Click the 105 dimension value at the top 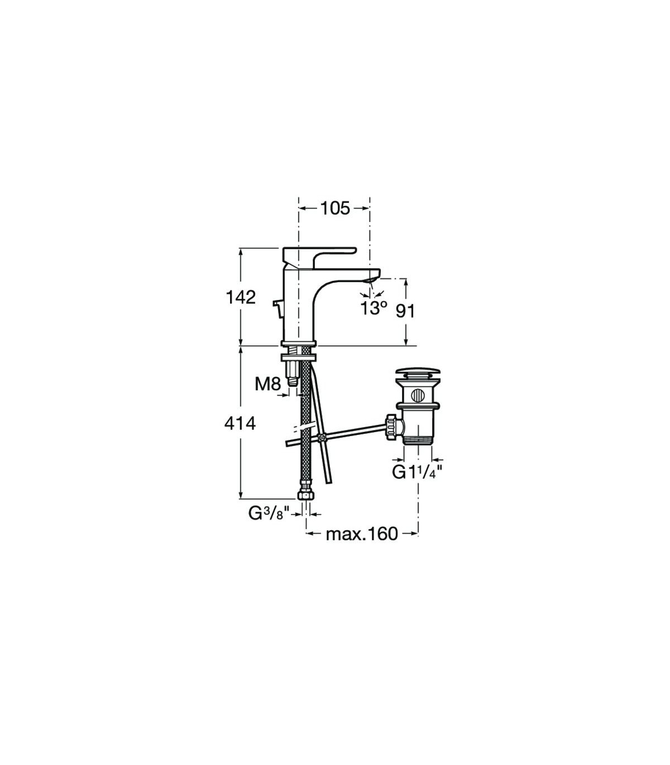pyautogui.click(x=335, y=209)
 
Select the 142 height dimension pyautogui.click(x=241, y=297)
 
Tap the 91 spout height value pyautogui.click(x=405, y=311)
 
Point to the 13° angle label pyautogui.click(x=373, y=308)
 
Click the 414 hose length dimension pyautogui.click(x=241, y=424)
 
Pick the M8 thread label pyautogui.click(x=267, y=384)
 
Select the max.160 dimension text pyautogui.click(x=362, y=534)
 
